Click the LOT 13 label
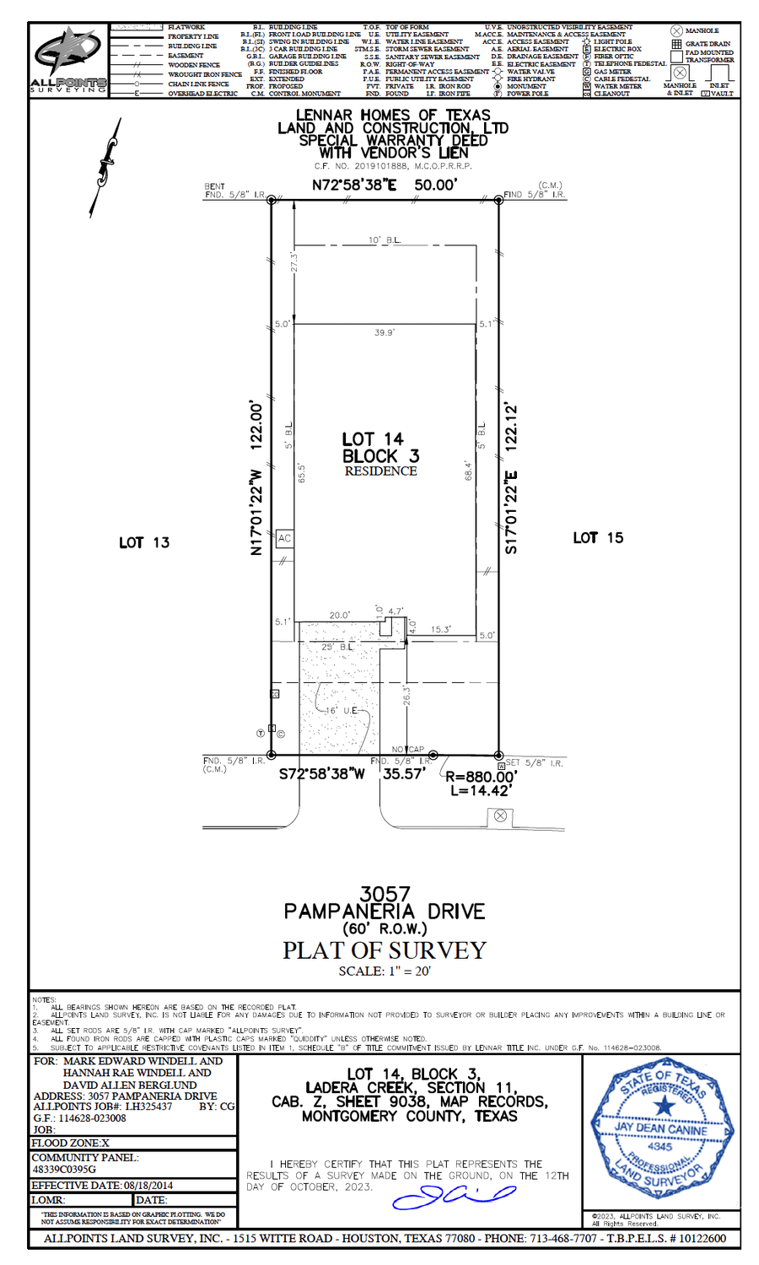click(144, 542)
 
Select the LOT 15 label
click(598, 538)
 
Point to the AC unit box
click(284, 539)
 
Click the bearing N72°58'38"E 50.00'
click(385, 185)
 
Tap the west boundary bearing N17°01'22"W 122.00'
click(256, 477)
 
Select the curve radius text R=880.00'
click(481, 777)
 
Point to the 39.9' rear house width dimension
click(385, 333)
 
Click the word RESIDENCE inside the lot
click(380, 471)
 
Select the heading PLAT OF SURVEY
click(384, 950)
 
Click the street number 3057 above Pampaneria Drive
click(385, 893)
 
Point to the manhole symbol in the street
click(500, 816)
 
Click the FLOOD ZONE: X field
click(71, 1143)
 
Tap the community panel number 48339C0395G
click(64, 1170)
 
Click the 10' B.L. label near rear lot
click(385, 241)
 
